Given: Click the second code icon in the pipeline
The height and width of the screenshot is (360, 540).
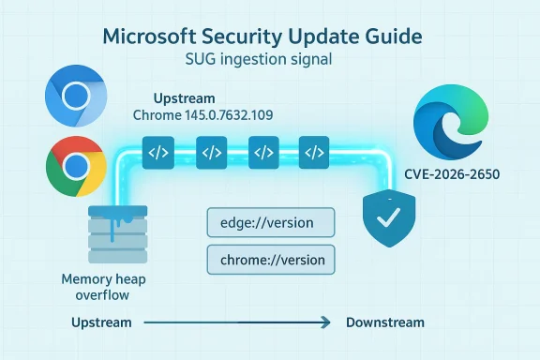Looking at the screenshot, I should click(212, 150).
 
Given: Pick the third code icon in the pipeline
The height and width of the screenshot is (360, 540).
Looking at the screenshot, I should click(262, 150).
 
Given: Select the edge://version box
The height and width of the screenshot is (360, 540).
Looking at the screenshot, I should click(269, 223).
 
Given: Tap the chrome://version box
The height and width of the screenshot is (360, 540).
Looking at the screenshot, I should click(269, 259).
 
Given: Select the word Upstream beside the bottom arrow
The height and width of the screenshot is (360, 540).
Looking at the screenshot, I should click(103, 323).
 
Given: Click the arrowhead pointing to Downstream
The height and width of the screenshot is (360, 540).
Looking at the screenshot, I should click(325, 323).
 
